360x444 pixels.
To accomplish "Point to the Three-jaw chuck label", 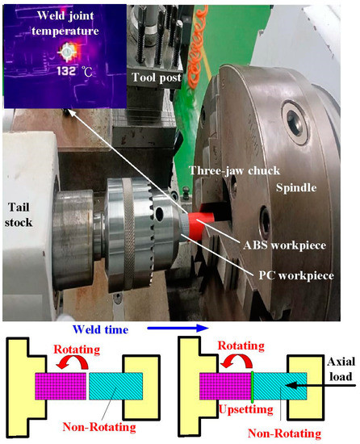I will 221,171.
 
